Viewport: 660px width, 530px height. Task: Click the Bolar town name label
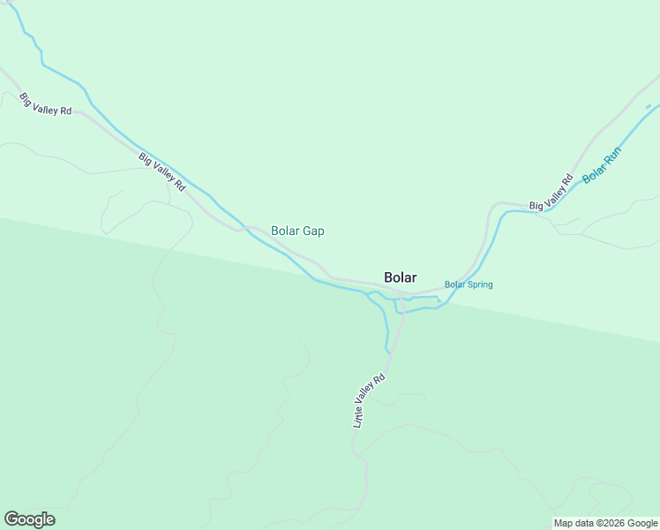tap(401, 276)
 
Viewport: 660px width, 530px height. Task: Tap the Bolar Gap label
tap(297, 231)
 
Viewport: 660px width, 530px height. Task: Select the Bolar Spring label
tap(469, 284)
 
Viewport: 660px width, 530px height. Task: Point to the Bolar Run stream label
tap(603, 164)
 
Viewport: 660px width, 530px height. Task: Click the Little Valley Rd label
tap(370, 401)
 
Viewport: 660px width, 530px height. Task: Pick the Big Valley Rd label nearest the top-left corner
tap(45, 102)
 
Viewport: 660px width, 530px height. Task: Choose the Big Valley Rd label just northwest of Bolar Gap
tap(161, 172)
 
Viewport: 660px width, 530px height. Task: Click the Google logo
tap(29, 519)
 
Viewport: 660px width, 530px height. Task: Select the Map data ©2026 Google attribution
tap(605, 523)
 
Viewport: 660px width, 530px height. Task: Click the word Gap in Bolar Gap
tap(314, 231)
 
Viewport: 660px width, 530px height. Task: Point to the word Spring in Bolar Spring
tap(480, 284)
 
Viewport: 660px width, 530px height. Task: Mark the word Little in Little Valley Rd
tap(359, 417)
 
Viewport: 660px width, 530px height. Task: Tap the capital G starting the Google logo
tap(11, 519)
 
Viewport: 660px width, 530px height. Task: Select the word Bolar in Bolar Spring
tap(455, 284)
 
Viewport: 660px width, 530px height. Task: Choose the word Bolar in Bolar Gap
tap(286, 231)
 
